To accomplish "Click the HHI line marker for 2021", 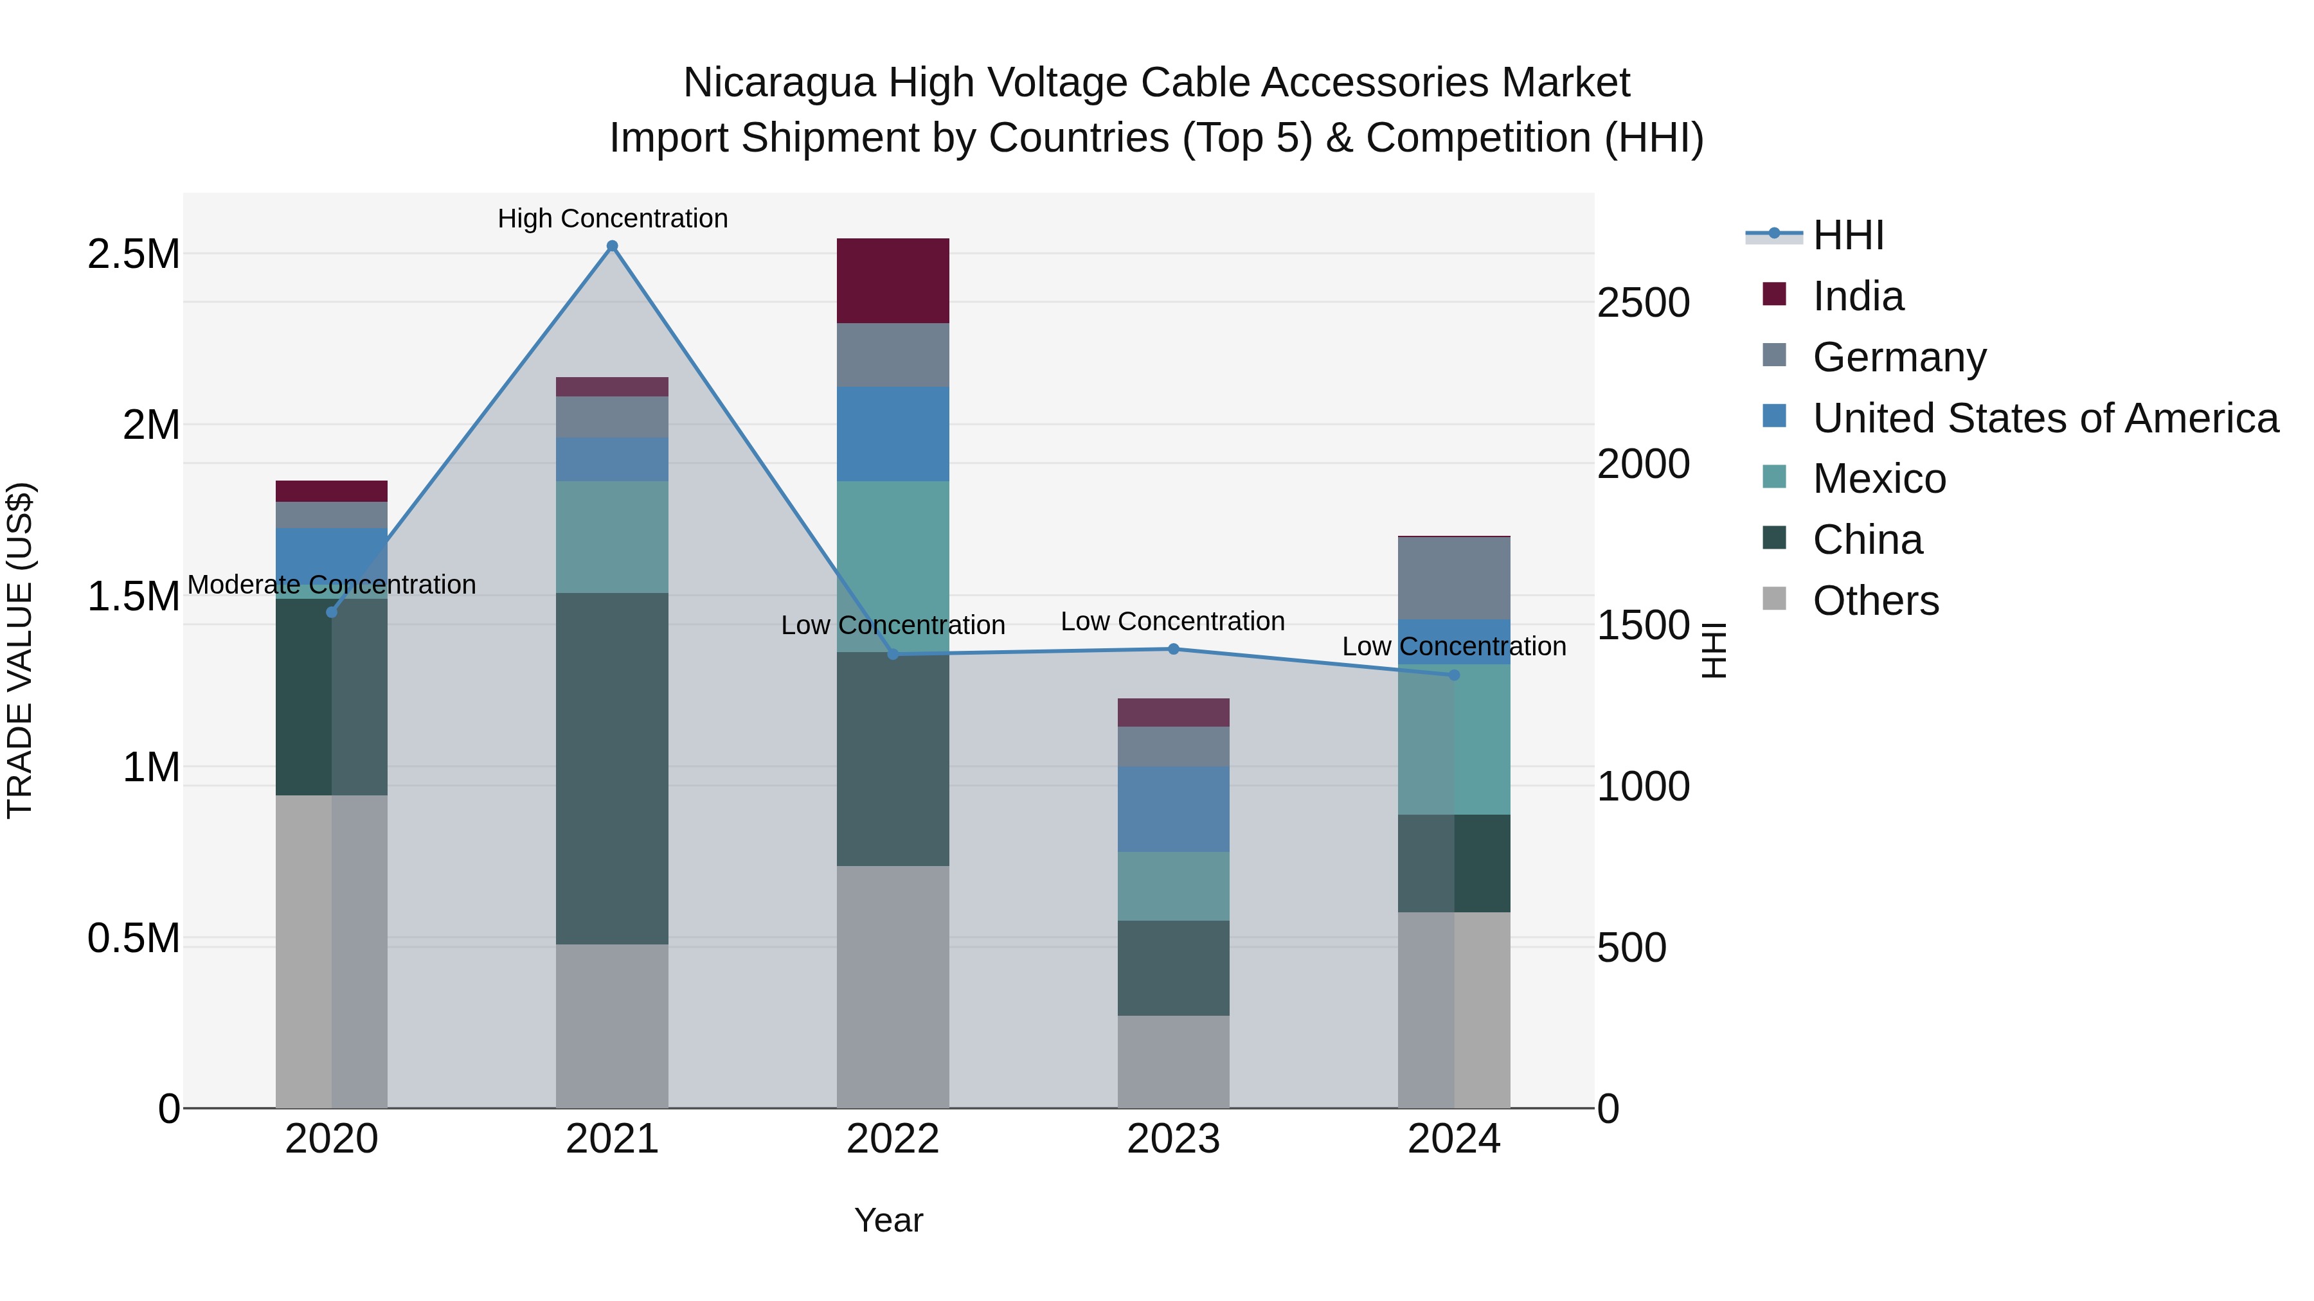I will [612, 246].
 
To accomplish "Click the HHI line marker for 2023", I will [1173, 649].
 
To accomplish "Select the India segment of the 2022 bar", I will [893, 280].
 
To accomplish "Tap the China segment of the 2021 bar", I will [612, 768].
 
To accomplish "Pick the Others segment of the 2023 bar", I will [1173, 1061].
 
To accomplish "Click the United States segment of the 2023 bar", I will [1173, 808].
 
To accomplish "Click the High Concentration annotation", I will [613, 218].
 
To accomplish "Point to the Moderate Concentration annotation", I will [332, 585].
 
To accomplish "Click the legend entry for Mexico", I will [1879, 479].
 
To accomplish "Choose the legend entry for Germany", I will [1899, 357].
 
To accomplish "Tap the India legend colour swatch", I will [1774, 294].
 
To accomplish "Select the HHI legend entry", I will [1848, 235].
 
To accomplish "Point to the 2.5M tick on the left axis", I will [133, 254].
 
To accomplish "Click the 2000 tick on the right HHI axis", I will [1643, 465].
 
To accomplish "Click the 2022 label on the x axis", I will [892, 1139].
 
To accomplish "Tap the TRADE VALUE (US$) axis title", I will [20, 650].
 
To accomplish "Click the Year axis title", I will [888, 1220].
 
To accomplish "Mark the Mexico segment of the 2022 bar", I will [893, 565].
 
